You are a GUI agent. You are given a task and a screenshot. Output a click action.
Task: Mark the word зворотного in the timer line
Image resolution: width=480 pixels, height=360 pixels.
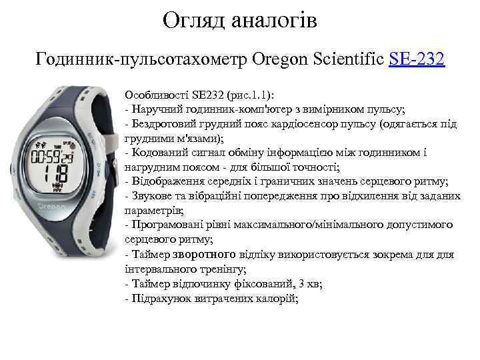pyautogui.click(x=204, y=254)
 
